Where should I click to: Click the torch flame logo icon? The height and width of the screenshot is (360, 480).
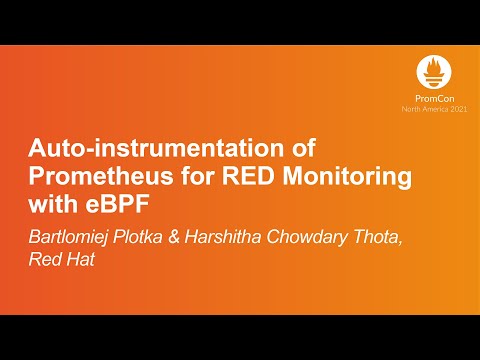coord(434,70)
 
